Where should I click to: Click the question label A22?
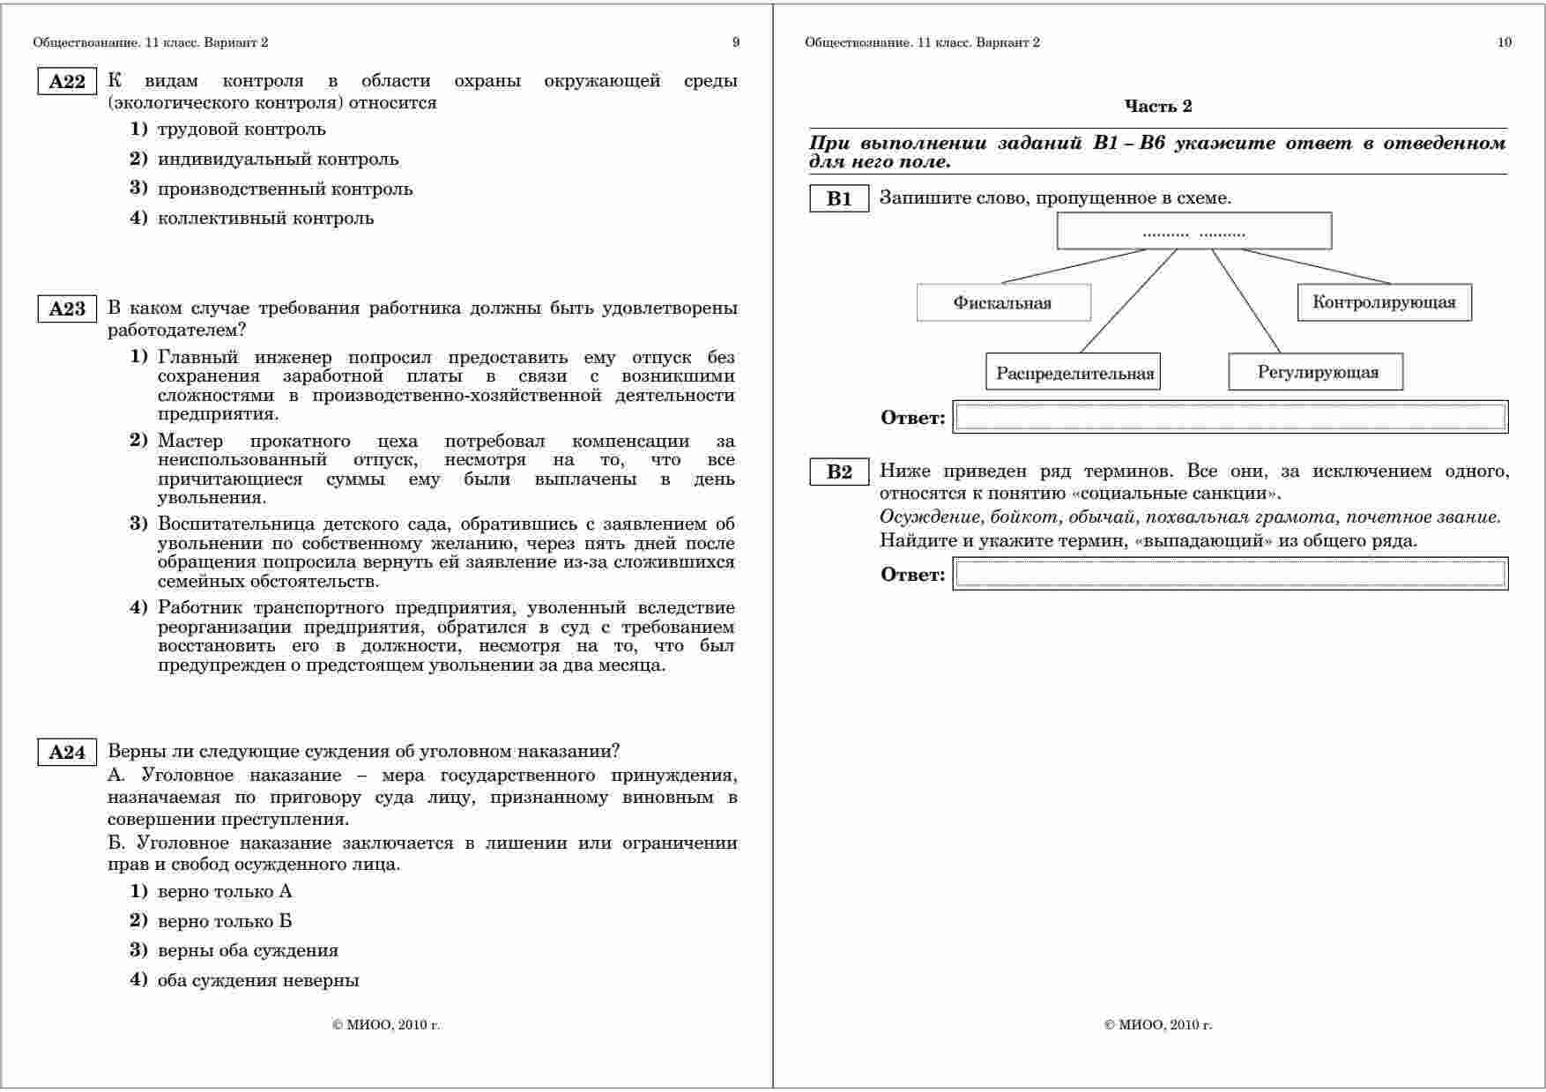67,82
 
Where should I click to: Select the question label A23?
67,309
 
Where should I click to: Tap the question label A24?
67,753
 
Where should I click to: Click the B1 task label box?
839,198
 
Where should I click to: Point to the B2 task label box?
839,472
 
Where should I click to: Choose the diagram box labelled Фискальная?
1003,302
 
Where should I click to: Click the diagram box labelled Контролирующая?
1384,302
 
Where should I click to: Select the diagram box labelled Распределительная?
1074,372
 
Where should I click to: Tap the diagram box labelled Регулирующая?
1316,372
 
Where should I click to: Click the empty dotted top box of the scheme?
1193,232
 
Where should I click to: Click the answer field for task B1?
1230,417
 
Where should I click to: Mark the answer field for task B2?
1230,574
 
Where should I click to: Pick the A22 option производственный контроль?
284,189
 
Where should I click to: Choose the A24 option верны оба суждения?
247,950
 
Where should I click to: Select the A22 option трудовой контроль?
241,130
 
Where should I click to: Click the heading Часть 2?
1158,107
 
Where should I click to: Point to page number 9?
736,42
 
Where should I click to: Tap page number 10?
1505,42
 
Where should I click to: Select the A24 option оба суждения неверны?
257,980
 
